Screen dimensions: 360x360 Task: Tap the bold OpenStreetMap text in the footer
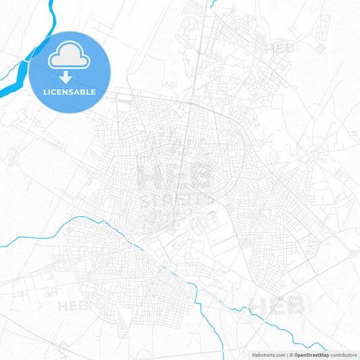point(311,354)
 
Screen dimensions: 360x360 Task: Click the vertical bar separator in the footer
point(286,354)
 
